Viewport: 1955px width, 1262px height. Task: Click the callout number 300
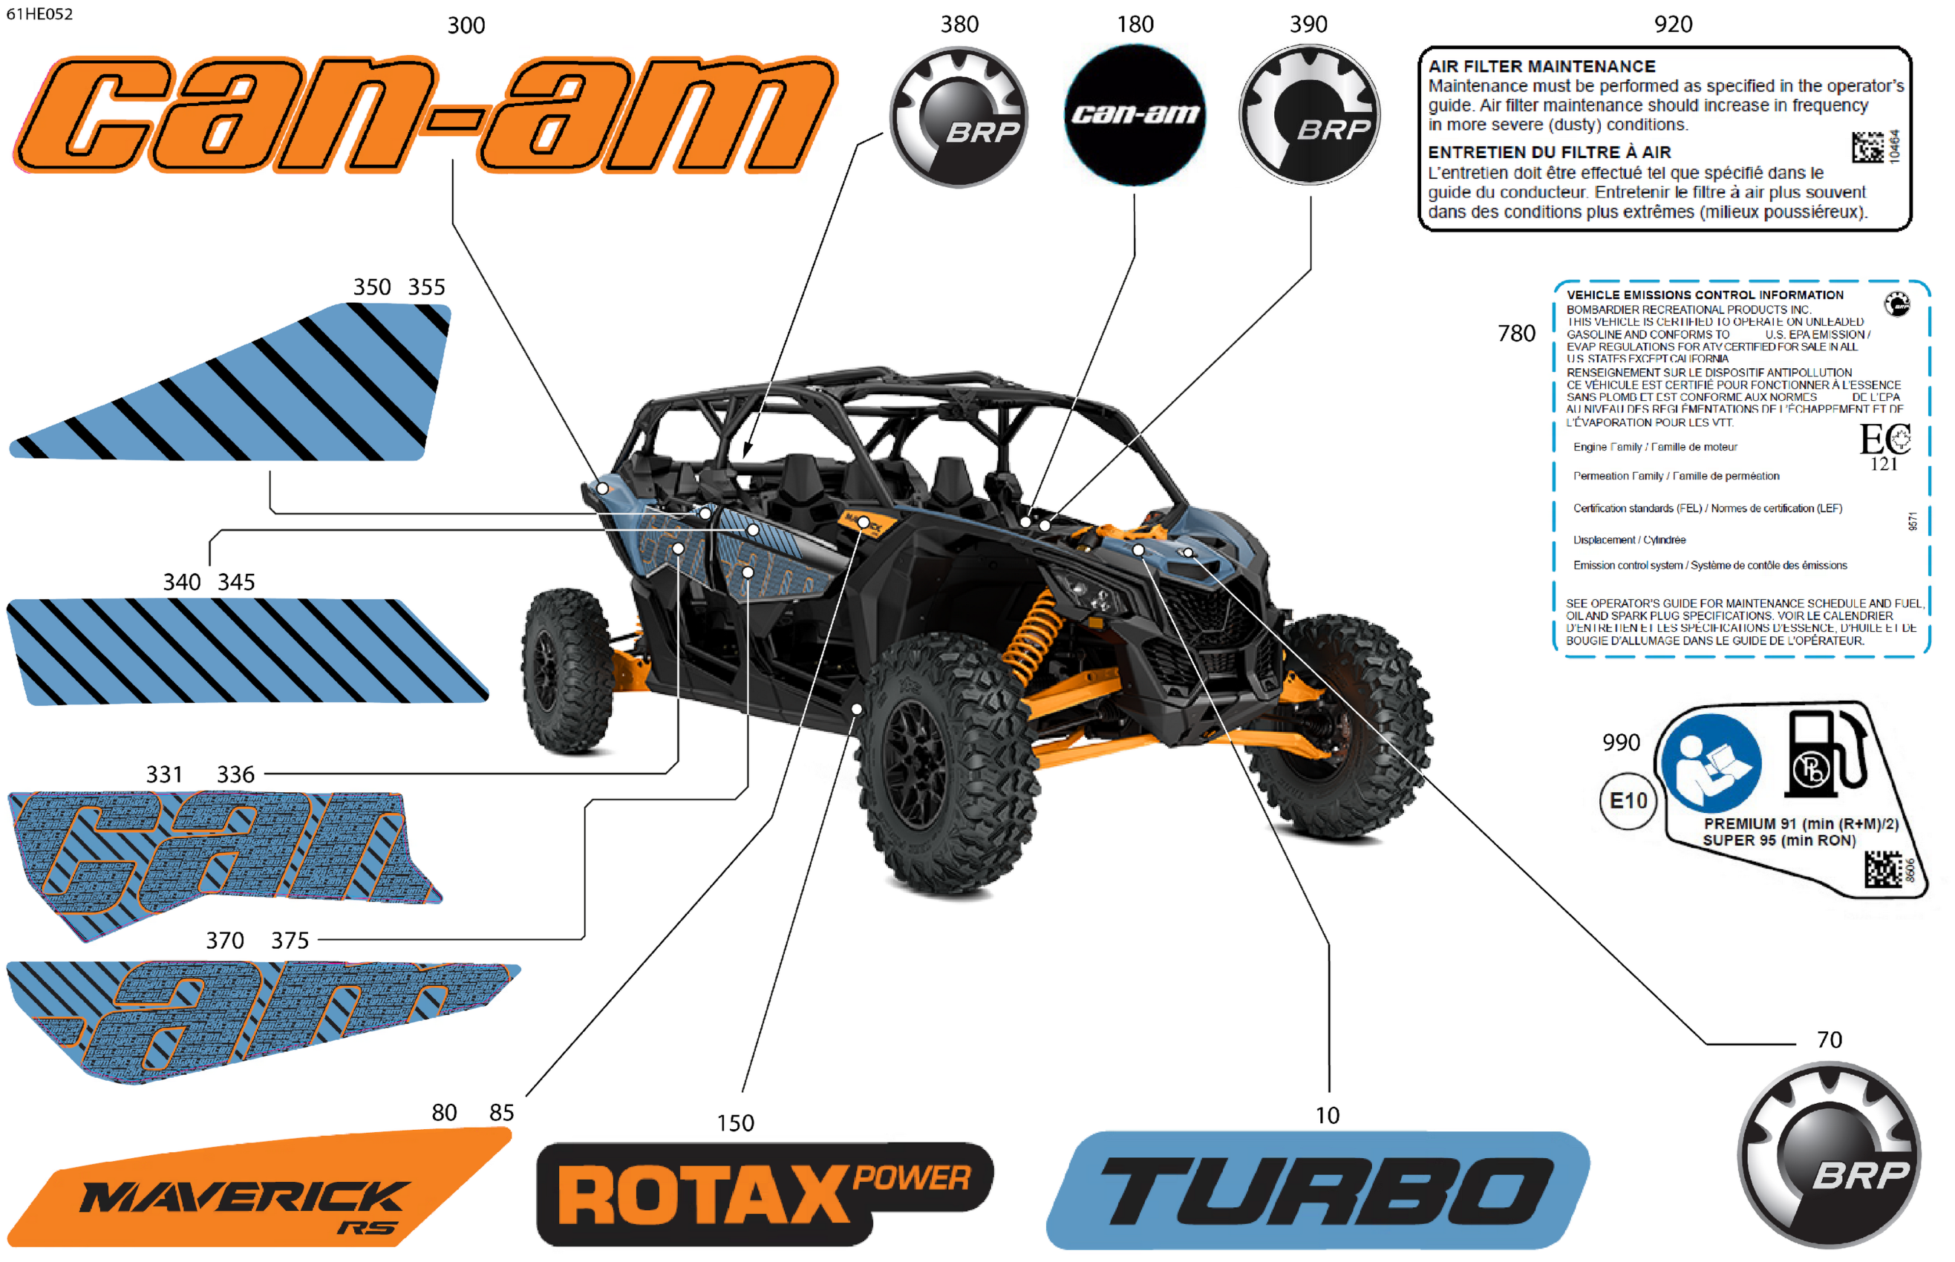pos(466,25)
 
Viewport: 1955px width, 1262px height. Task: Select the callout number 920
pos(1672,24)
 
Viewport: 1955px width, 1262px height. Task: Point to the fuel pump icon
pos(1824,755)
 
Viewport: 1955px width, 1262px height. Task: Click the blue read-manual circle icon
pos(1712,762)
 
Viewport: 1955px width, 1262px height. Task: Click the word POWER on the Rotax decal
pos(912,1177)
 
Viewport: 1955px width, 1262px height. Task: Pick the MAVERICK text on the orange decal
pos(244,1197)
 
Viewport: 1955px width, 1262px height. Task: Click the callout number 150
pos(734,1122)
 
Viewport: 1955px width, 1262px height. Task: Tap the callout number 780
pos(1515,333)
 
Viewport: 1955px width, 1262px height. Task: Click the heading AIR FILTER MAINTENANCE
pos(1541,66)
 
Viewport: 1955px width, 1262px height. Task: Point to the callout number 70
pos(1829,1039)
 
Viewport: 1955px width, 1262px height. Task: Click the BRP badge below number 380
pos(959,117)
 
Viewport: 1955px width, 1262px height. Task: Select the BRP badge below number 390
pos(1309,115)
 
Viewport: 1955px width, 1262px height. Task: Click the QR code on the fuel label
pos(1882,869)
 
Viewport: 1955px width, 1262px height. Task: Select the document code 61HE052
pos(39,14)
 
